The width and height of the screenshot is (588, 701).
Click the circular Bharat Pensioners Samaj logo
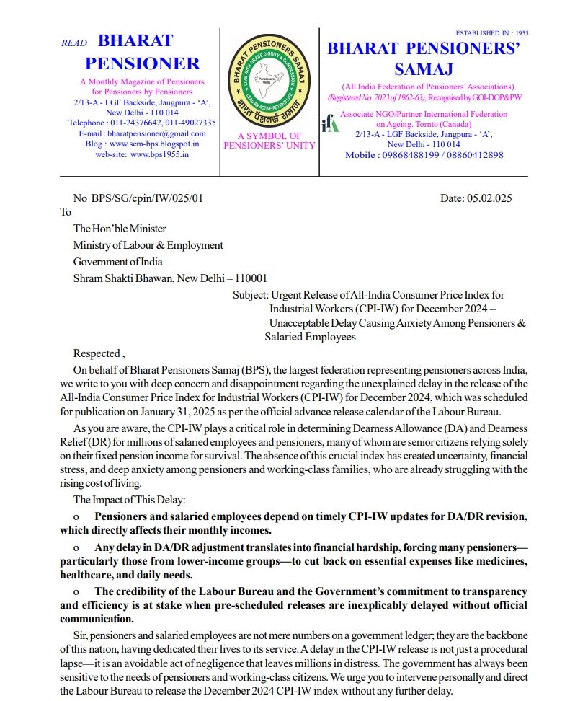pos(269,79)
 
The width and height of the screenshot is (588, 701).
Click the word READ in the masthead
pos(74,43)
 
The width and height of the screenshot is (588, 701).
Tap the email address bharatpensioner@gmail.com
pos(153,133)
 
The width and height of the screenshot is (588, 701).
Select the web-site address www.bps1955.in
pos(160,154)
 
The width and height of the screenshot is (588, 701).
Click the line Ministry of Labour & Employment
pos(148,245)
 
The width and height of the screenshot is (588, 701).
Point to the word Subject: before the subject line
pos(250,295)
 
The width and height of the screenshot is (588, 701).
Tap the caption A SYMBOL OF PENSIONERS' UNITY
pos(269,141)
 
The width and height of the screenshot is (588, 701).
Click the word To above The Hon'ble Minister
pos(66,212)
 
